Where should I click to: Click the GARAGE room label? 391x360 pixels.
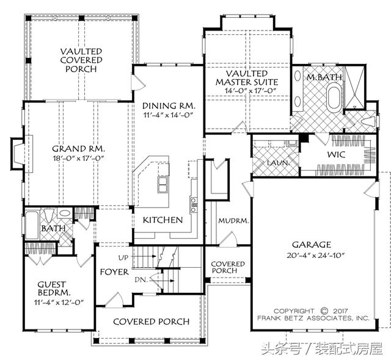point(312,245)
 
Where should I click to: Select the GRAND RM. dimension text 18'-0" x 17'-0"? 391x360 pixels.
point(78,158)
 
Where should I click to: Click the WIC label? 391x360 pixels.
point(336,154)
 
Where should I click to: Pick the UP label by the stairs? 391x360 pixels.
point(123,258)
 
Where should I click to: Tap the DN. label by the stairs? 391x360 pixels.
point(141,280)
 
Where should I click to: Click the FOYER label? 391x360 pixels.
point(114,272)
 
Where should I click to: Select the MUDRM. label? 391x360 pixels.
point(233,221)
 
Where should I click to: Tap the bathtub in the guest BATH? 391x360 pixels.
point(32,225)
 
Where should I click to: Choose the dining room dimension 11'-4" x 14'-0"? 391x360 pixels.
point(169,115)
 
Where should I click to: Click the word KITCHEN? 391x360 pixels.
point(163,220)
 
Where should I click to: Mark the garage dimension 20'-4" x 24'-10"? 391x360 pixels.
point(315,255)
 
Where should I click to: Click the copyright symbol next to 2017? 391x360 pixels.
point(324,311)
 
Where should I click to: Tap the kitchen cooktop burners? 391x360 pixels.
point(194,205)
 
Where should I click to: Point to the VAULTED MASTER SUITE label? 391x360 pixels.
point(247,77)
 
